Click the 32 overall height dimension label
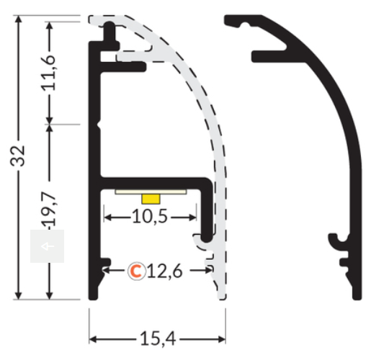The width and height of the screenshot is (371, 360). point(17,156)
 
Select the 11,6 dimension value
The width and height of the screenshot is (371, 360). point(49,73)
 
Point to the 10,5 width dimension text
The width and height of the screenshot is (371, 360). point(150,217)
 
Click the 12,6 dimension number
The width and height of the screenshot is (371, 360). point(165,271)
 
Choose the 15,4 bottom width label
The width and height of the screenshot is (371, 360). point(158,339)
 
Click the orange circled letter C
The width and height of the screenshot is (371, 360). point(136,271)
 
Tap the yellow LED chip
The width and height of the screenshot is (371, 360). point(151,199)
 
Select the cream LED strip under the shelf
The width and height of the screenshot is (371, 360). point(151,192)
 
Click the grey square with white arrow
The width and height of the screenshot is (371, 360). point(47,246)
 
